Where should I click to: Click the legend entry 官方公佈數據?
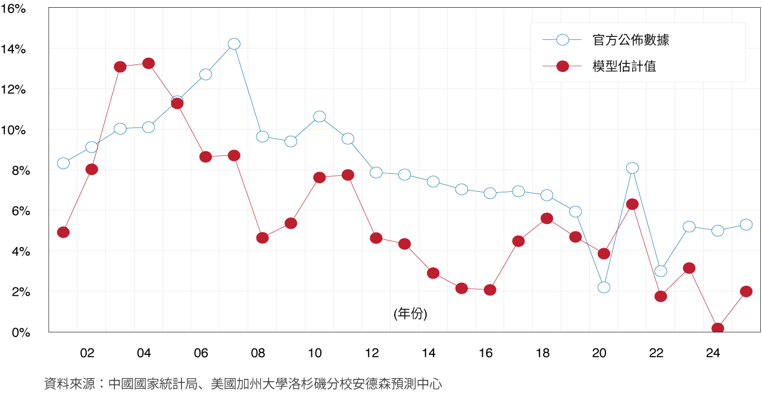coord(631,40)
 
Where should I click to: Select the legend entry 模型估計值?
coord(624,66)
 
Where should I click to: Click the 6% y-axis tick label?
coord(17,211)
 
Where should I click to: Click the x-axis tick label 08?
coord(258,354)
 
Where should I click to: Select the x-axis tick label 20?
coord(599,354)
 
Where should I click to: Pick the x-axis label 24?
coord(713,354)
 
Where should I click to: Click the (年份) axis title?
coord(410,314)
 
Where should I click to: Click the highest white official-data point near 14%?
coord(234,44)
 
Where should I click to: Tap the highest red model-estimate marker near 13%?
coord(149,63)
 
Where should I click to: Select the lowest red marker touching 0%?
coord(718,328)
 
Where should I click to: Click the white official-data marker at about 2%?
coord(604,287)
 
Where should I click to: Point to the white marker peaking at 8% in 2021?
coord(632,168)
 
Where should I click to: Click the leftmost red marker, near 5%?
coord(63,232)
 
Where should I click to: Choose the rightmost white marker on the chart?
coord(747,224)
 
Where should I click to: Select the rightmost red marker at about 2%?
coord(747,291)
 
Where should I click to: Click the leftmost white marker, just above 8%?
coord(63,163)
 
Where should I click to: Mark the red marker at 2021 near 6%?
coord(632,204)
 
